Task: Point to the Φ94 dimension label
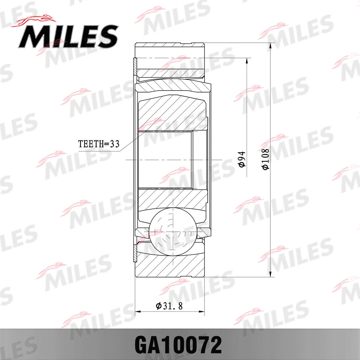point(242,159)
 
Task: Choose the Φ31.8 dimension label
point(169,306)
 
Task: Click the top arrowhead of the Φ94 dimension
point(247,60)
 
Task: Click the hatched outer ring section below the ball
point(169,265)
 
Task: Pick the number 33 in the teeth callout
point(114,144)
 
